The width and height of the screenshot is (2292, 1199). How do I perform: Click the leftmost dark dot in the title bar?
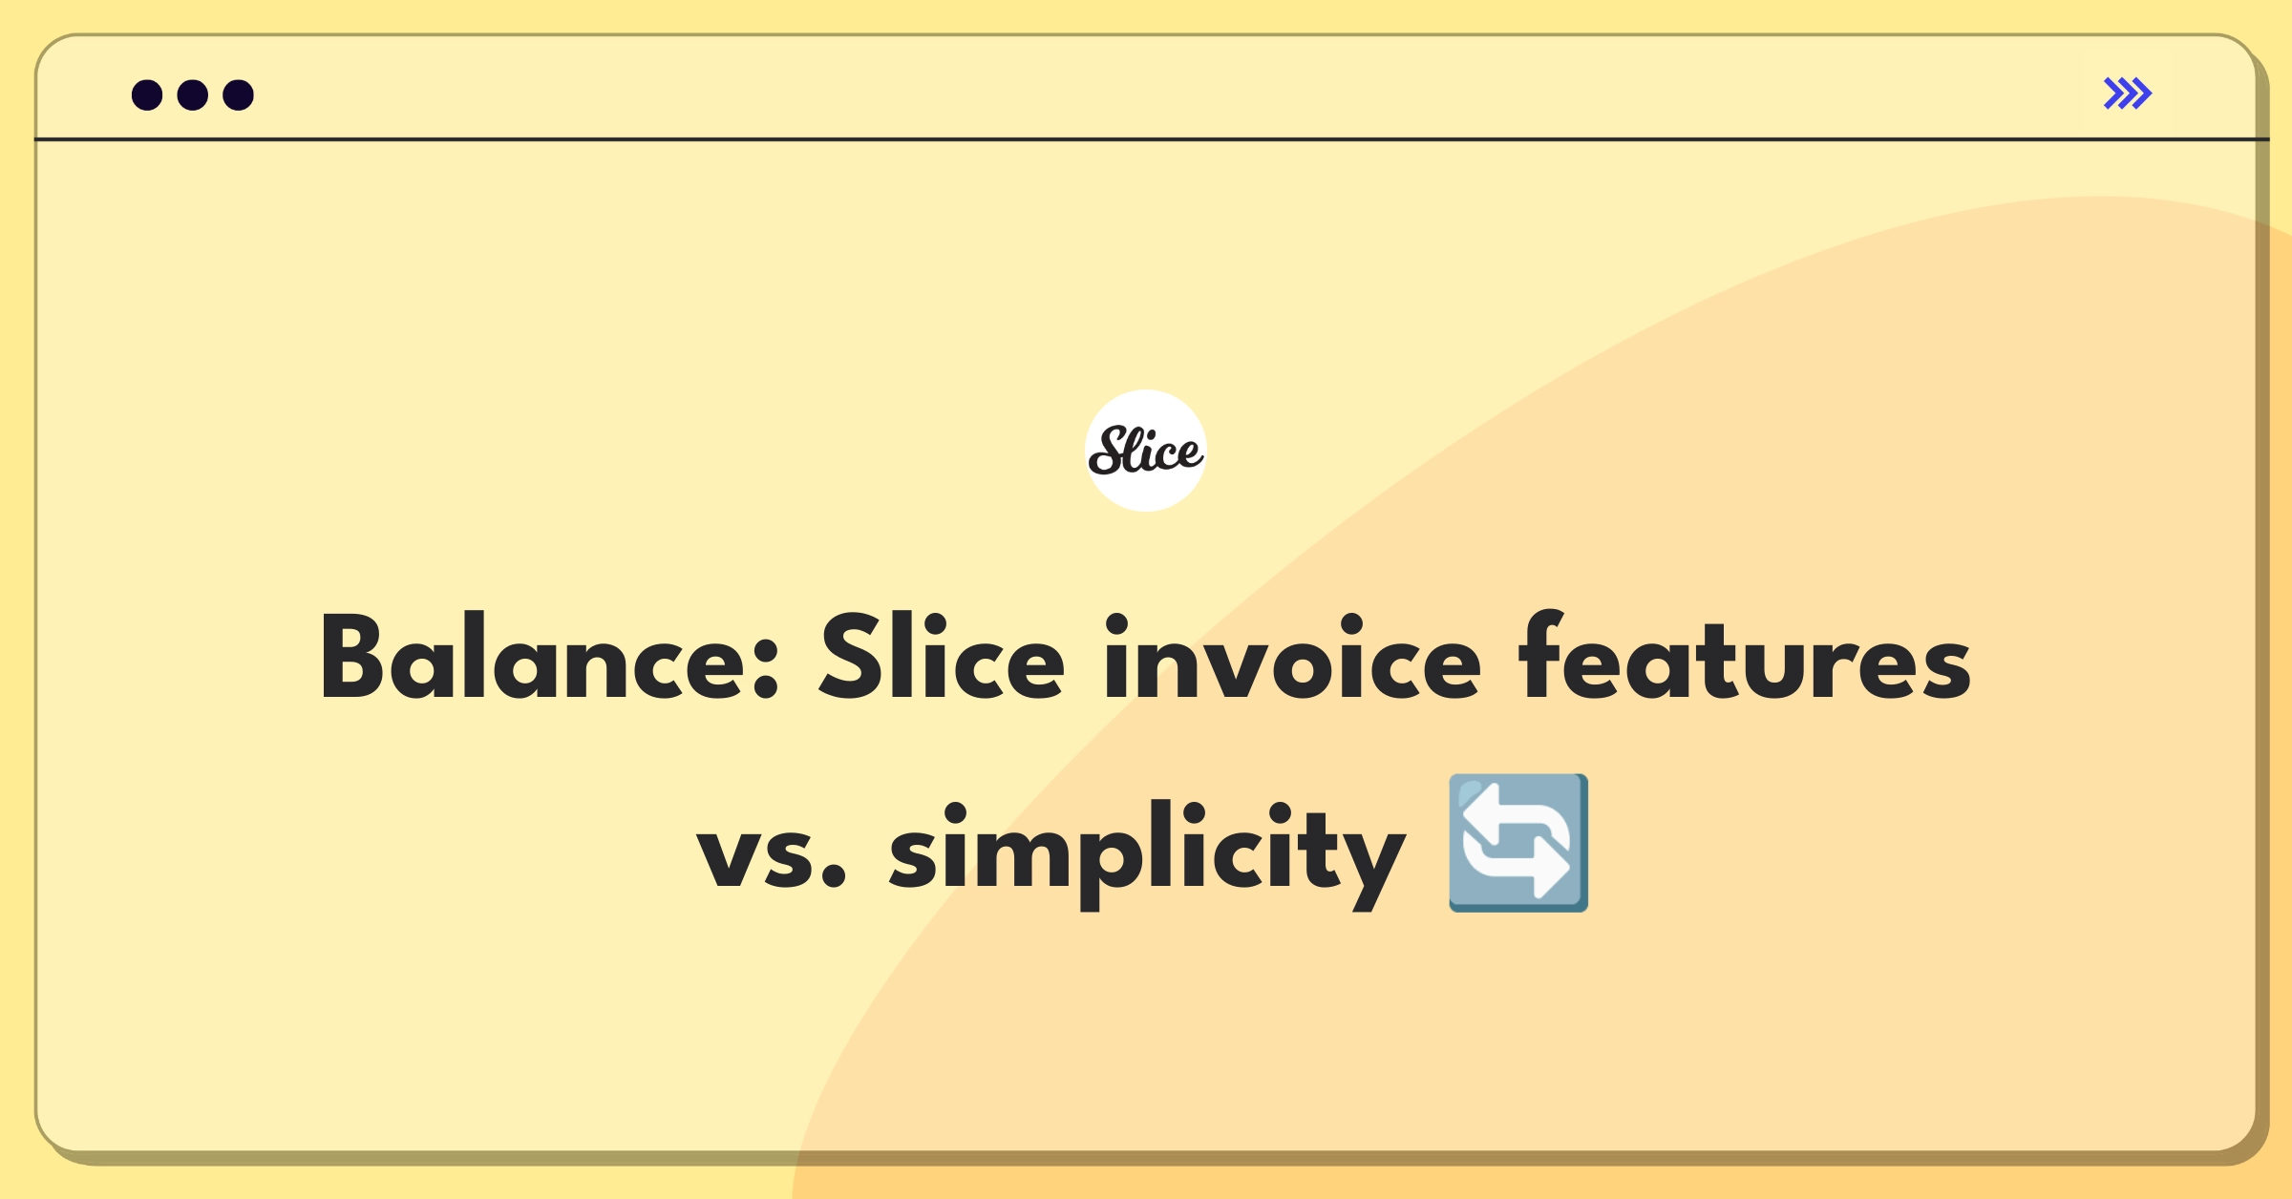147,95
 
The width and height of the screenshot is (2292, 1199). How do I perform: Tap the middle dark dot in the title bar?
193,95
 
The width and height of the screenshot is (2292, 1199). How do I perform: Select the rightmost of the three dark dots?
238,95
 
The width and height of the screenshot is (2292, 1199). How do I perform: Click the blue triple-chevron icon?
2128,94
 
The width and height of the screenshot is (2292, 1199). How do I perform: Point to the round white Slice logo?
1146,451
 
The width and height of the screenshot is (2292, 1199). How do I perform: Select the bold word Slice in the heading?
942,657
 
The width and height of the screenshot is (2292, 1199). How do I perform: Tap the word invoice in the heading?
1292,657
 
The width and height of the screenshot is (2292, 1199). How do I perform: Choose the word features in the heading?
1746,657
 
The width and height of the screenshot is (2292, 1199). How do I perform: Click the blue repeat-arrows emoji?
1518,843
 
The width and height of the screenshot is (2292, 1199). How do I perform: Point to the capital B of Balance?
352,657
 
